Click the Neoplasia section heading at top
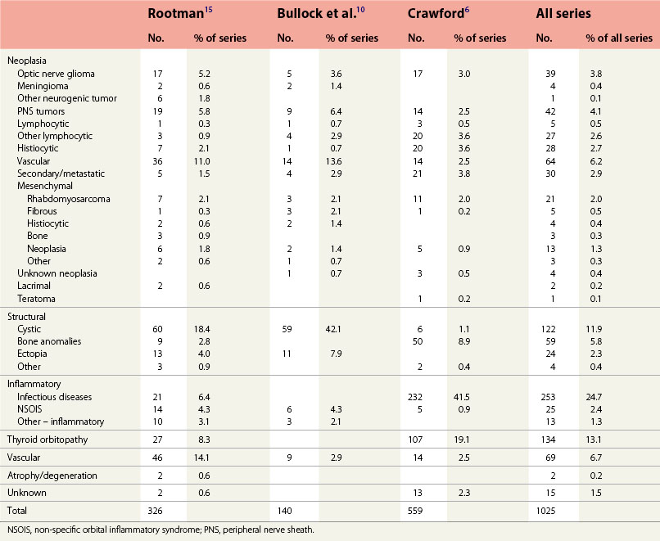pos(27,61)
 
